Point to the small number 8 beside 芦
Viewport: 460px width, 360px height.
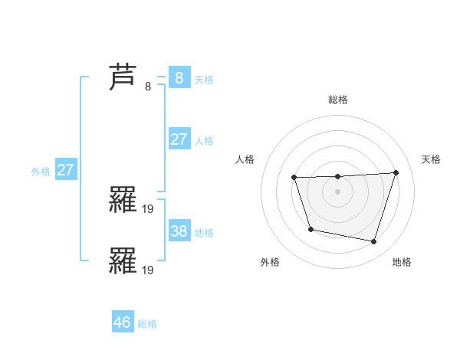point(148,87)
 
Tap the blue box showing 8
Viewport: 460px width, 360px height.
point(179,77)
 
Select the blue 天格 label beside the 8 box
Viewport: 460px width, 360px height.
point(204,79)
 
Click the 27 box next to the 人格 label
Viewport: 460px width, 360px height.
point(179,139)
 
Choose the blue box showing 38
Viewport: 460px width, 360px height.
point(179,231)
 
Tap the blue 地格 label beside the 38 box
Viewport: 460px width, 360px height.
point(204,232)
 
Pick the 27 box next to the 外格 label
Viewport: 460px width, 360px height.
point(65,170)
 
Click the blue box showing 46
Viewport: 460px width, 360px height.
point(122,322)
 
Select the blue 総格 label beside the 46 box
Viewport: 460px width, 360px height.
point(147,324)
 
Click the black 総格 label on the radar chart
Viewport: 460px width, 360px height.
point(337,100)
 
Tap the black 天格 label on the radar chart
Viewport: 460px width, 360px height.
point(432,159)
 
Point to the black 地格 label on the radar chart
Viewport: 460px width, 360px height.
point(402,262)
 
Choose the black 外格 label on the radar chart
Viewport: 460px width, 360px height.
point(270,262)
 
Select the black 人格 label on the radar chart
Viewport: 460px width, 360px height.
point(245,159)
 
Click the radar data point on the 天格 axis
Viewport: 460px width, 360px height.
point(396,172)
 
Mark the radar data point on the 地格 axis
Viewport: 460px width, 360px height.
point(373,242)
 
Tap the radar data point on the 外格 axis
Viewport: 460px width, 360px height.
point(310,229)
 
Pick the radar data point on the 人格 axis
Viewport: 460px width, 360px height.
point(294,178)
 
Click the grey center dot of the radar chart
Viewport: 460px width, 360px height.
point(337,191)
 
